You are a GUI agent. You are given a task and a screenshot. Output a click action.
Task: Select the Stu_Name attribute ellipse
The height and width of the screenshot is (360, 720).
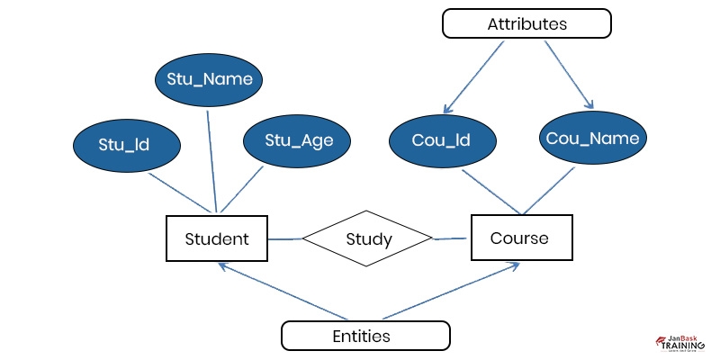tap(210, 80)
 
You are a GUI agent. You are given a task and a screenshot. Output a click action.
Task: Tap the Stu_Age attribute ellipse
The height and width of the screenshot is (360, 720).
tap(293, 140)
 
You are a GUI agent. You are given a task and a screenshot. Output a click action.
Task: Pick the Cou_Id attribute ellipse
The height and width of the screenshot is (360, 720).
tap(442, 140)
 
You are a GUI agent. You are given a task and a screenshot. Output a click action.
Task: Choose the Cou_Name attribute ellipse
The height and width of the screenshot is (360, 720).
tap(593, 139)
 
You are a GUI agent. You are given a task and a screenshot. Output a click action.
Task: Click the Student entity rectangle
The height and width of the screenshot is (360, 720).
tap(216, 239)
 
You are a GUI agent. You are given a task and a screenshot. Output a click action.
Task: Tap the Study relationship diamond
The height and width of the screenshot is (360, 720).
tap(368, 239)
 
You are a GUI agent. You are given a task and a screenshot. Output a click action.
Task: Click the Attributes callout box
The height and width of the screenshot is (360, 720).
tap(526, 24)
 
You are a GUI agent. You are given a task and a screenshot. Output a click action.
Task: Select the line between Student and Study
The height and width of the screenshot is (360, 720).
tap(286, 239)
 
